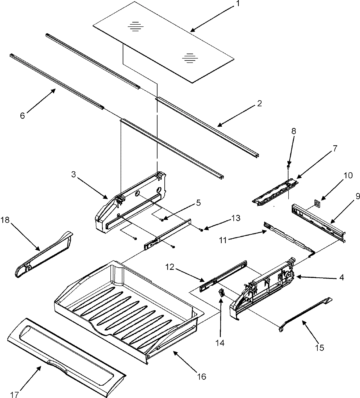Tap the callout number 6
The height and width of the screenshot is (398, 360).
click(x=22, y=115)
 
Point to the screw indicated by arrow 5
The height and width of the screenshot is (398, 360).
click(x=162, y=220)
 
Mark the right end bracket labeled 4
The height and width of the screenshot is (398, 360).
click(x=264, y=288)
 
